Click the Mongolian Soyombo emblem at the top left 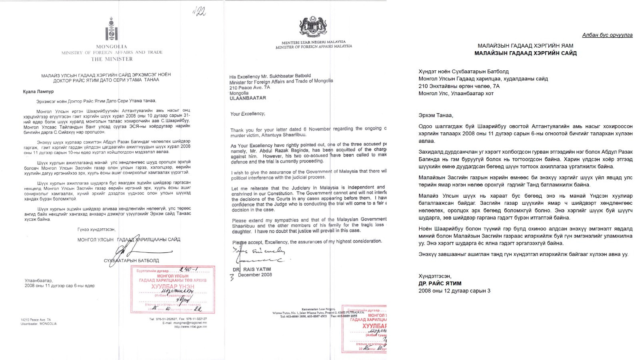[x=111, y=29]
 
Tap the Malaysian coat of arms [x=313, y=26]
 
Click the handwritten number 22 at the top [x=200, y=12]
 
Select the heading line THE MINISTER [x=112, y=59]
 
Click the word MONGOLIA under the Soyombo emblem [x=112, y=46]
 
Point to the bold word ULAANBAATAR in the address [x=248, y=98]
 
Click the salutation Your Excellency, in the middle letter [x=248, y=114]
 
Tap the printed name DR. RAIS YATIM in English [x=252, y=269]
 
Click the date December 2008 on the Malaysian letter [x=255, y=275]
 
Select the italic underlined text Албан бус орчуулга [x=607, y=35]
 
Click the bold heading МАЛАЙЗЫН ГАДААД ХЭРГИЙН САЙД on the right [x=525, y=53]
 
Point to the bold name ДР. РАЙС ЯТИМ [x=440, y=284]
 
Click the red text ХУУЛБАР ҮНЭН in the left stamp [x=172, y=287]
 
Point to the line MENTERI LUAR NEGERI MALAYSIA [x=314, y=42]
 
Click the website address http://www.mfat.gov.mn [x=190, y=327]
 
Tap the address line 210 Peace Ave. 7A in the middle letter [x=250, y=88]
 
